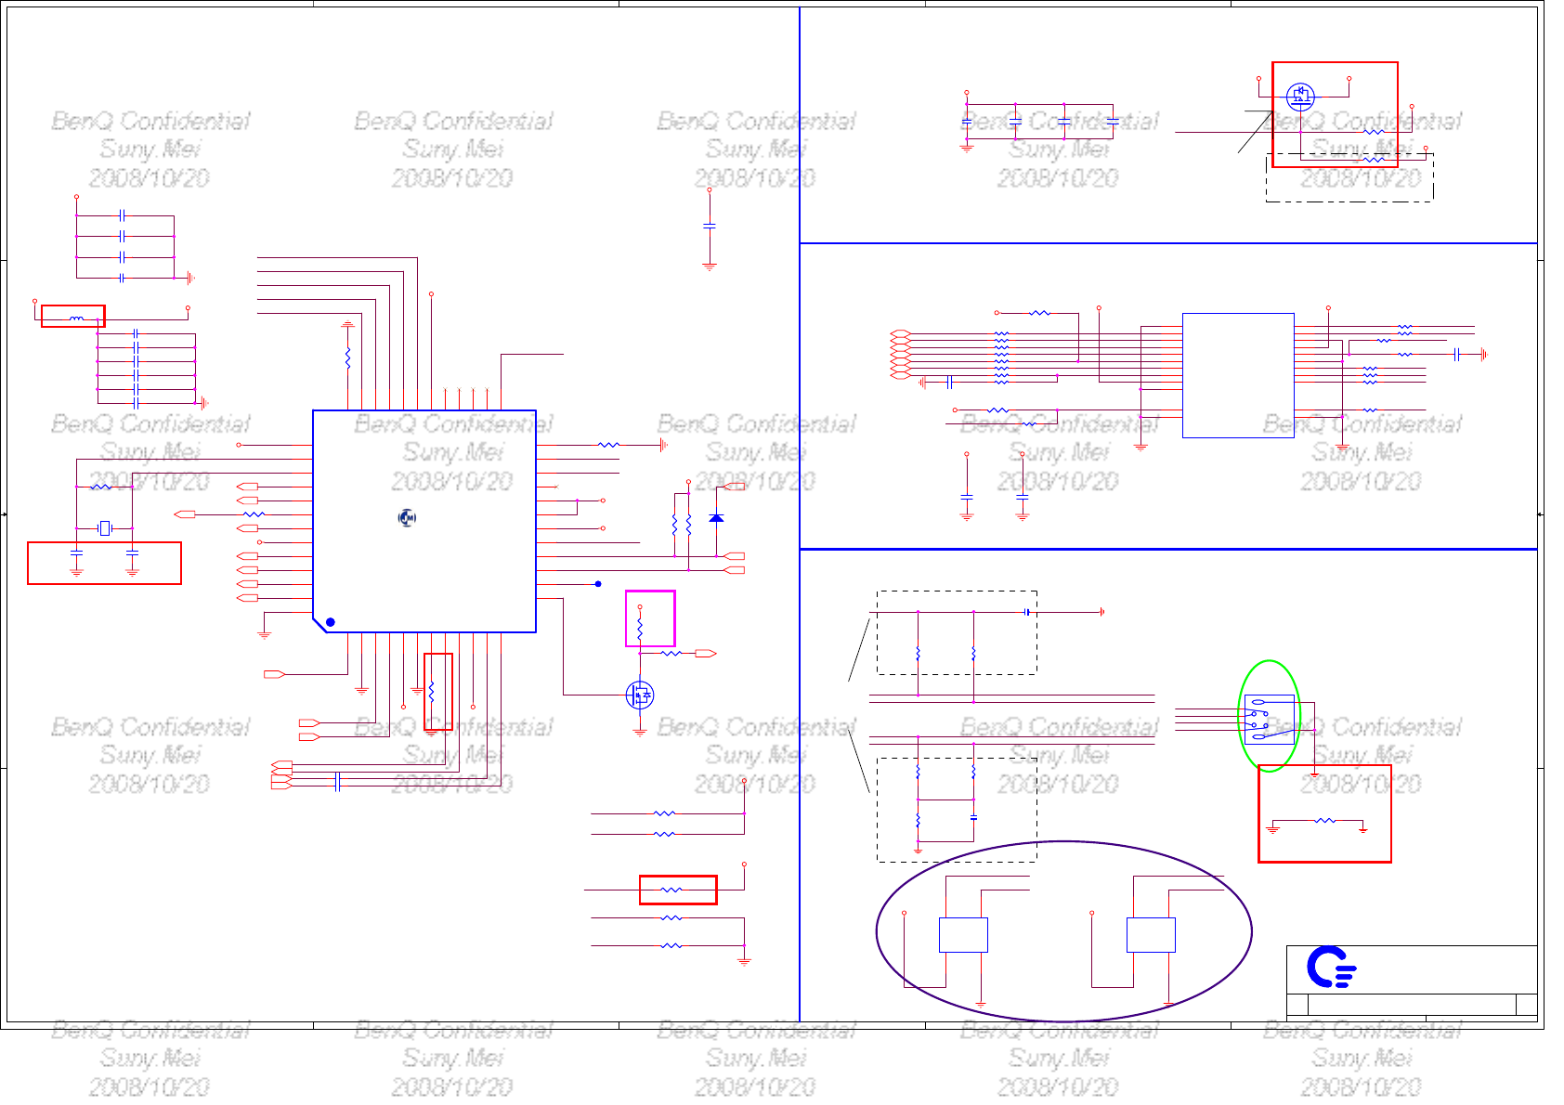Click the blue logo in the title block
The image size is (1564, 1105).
[x=1331, y=968]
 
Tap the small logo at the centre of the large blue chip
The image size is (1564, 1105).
[x=407, y=517]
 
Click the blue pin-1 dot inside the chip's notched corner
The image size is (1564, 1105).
[x=330, y=622]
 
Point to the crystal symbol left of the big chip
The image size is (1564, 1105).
[x=105, y=528]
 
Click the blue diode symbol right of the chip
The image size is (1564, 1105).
[x=716, y=517]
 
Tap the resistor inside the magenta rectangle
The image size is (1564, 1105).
[x=640, y=627]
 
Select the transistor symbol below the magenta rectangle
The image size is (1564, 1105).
[x=639, y=694]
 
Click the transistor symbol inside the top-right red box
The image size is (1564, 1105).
[x=1300, y=96]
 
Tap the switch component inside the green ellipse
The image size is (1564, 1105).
[x=1269, y=718]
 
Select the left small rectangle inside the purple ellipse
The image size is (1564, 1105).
[x=963, y=934]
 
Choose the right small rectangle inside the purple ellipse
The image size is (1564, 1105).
[x=1151, y=934]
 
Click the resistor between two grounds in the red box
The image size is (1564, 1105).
[x=1325, y=821]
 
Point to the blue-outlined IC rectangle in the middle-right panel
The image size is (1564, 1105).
[x=1238, y=375]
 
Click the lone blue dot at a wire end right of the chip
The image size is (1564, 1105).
[x=598, y=584]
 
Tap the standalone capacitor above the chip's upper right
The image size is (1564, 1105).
[x=710, y=226]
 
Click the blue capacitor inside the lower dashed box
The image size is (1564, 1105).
[x=973, y=817]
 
